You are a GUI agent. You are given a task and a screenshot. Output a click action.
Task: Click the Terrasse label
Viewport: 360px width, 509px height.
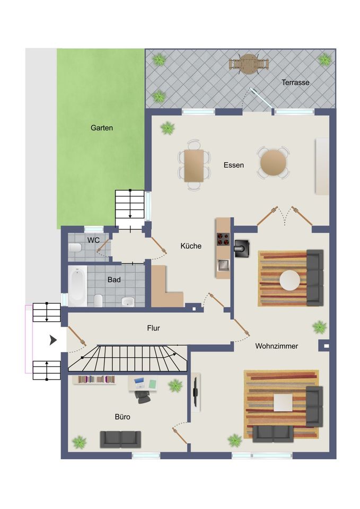(295, 83)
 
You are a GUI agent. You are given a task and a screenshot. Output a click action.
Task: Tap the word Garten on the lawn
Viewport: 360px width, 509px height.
(102, 128)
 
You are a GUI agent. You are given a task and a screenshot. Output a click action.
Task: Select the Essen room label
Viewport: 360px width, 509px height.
(233, 165)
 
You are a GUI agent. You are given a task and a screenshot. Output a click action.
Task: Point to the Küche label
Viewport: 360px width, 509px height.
(191, 246)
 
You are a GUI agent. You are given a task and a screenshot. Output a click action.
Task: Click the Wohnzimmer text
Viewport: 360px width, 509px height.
(277, 346)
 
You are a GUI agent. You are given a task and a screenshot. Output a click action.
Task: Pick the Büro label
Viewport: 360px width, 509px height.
(122, 417)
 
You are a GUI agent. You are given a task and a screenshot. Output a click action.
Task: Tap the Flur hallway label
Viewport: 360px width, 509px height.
(153, 328)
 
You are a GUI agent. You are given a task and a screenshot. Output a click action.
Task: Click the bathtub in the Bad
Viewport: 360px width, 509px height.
(77, 286)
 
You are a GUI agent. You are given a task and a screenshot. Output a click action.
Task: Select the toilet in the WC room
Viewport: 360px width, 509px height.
(75, 248)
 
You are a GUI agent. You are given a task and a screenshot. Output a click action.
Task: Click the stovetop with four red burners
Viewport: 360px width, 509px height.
(223, 239)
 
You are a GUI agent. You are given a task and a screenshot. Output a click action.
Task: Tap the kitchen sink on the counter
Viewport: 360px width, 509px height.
(223, 265)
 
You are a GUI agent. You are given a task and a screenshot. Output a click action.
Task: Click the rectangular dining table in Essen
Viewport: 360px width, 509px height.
(194, 165)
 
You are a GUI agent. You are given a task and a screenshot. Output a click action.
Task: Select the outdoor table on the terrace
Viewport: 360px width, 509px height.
(249, 64)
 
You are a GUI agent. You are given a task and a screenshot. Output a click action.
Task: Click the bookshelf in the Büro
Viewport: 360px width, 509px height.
(94, 380)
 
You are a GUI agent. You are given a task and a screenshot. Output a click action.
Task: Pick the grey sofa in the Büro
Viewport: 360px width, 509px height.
(120, 440)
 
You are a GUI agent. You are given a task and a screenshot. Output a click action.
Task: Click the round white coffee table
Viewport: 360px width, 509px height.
(289, 280)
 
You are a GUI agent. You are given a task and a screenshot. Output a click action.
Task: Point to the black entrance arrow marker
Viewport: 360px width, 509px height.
(53, 340)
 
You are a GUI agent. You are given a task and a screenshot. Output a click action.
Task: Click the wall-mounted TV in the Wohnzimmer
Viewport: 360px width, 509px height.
(196, 392)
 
